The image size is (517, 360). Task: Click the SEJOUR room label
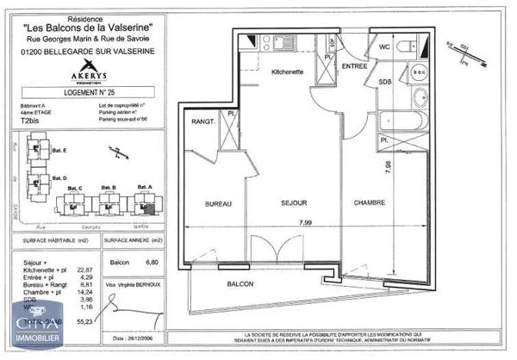point(295,203)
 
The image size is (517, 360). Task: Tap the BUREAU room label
point(219,203)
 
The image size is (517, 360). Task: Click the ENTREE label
point(354,66)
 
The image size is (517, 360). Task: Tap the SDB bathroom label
point(385,82)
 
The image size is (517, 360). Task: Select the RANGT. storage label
point(204,122)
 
